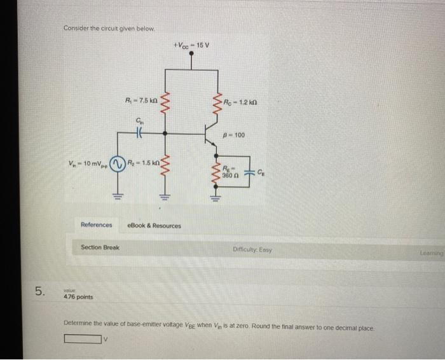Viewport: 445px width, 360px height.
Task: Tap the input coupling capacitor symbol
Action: coord(139,134)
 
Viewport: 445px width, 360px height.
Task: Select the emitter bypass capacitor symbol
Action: coord(250,170)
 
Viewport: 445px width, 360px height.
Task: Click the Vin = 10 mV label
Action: coord(88,163)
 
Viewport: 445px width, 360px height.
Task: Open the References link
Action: coord(96,225)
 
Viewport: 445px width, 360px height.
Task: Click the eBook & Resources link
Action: coord(154,225)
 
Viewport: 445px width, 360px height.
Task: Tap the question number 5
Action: coord(40,291)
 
